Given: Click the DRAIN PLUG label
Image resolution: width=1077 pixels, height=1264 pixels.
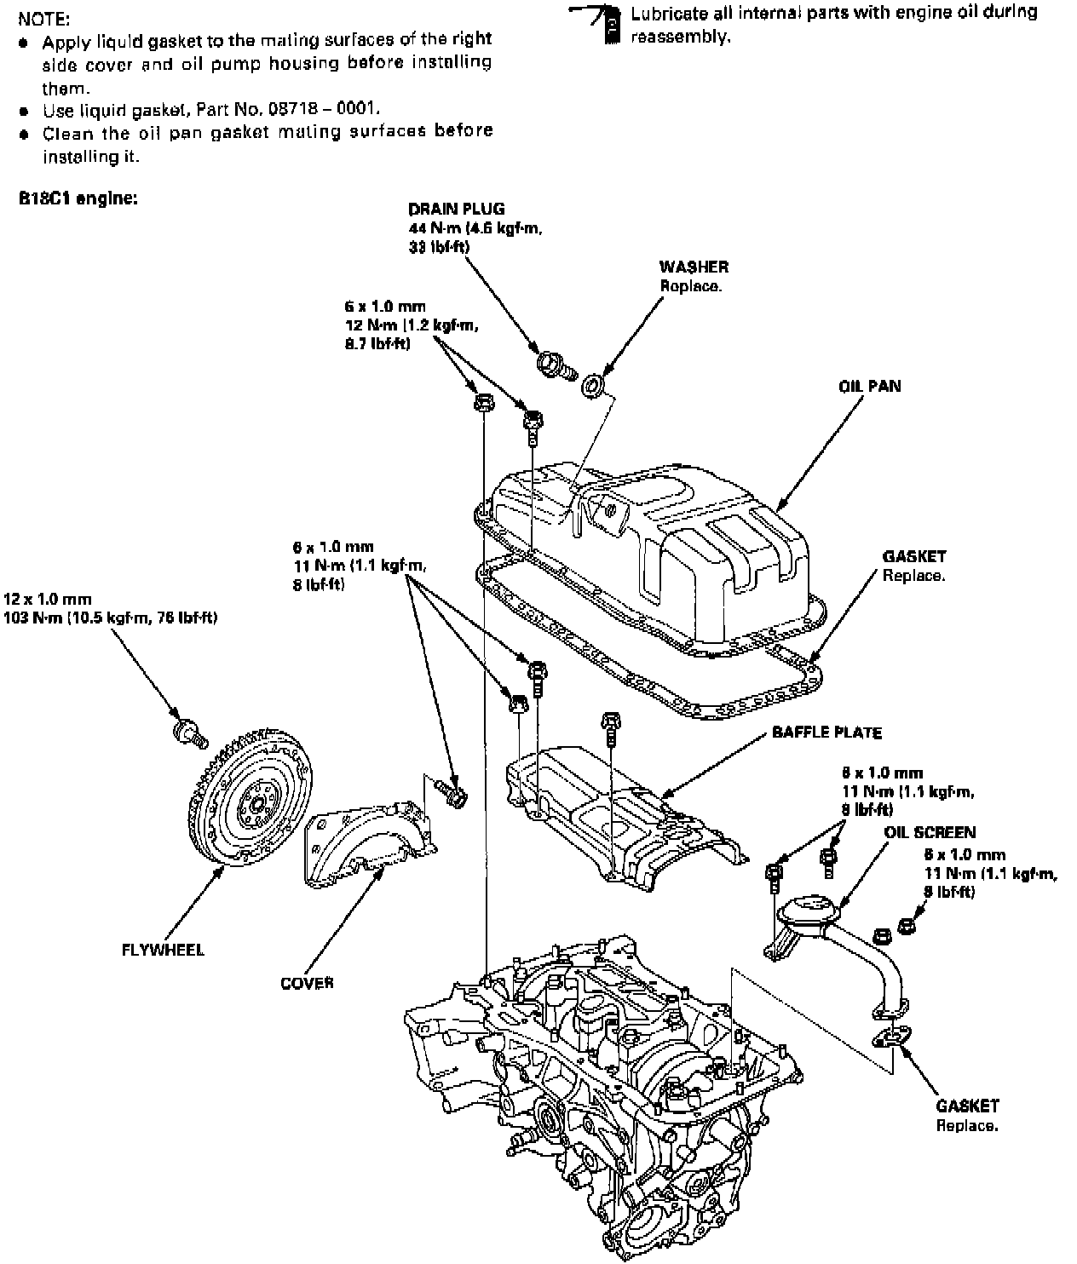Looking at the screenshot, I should [456, 209].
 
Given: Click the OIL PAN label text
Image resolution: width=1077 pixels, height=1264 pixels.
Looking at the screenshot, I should [869, 386].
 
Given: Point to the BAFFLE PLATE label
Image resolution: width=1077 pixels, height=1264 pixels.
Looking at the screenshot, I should [826, 732].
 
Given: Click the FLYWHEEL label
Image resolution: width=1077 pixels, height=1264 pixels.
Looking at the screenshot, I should [163, 949].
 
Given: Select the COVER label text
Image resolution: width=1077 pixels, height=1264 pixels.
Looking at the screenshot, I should [307, 983].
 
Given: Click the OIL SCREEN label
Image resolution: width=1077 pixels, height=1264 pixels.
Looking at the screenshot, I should [930, 832].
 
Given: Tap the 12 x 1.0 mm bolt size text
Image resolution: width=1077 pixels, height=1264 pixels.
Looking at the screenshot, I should [47, 600].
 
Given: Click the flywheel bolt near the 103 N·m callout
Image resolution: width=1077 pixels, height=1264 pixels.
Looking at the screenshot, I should [187, 732].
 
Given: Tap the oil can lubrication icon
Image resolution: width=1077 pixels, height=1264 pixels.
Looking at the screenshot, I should [607, 24].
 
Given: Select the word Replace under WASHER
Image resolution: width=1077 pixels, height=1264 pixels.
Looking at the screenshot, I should [691, 286].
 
